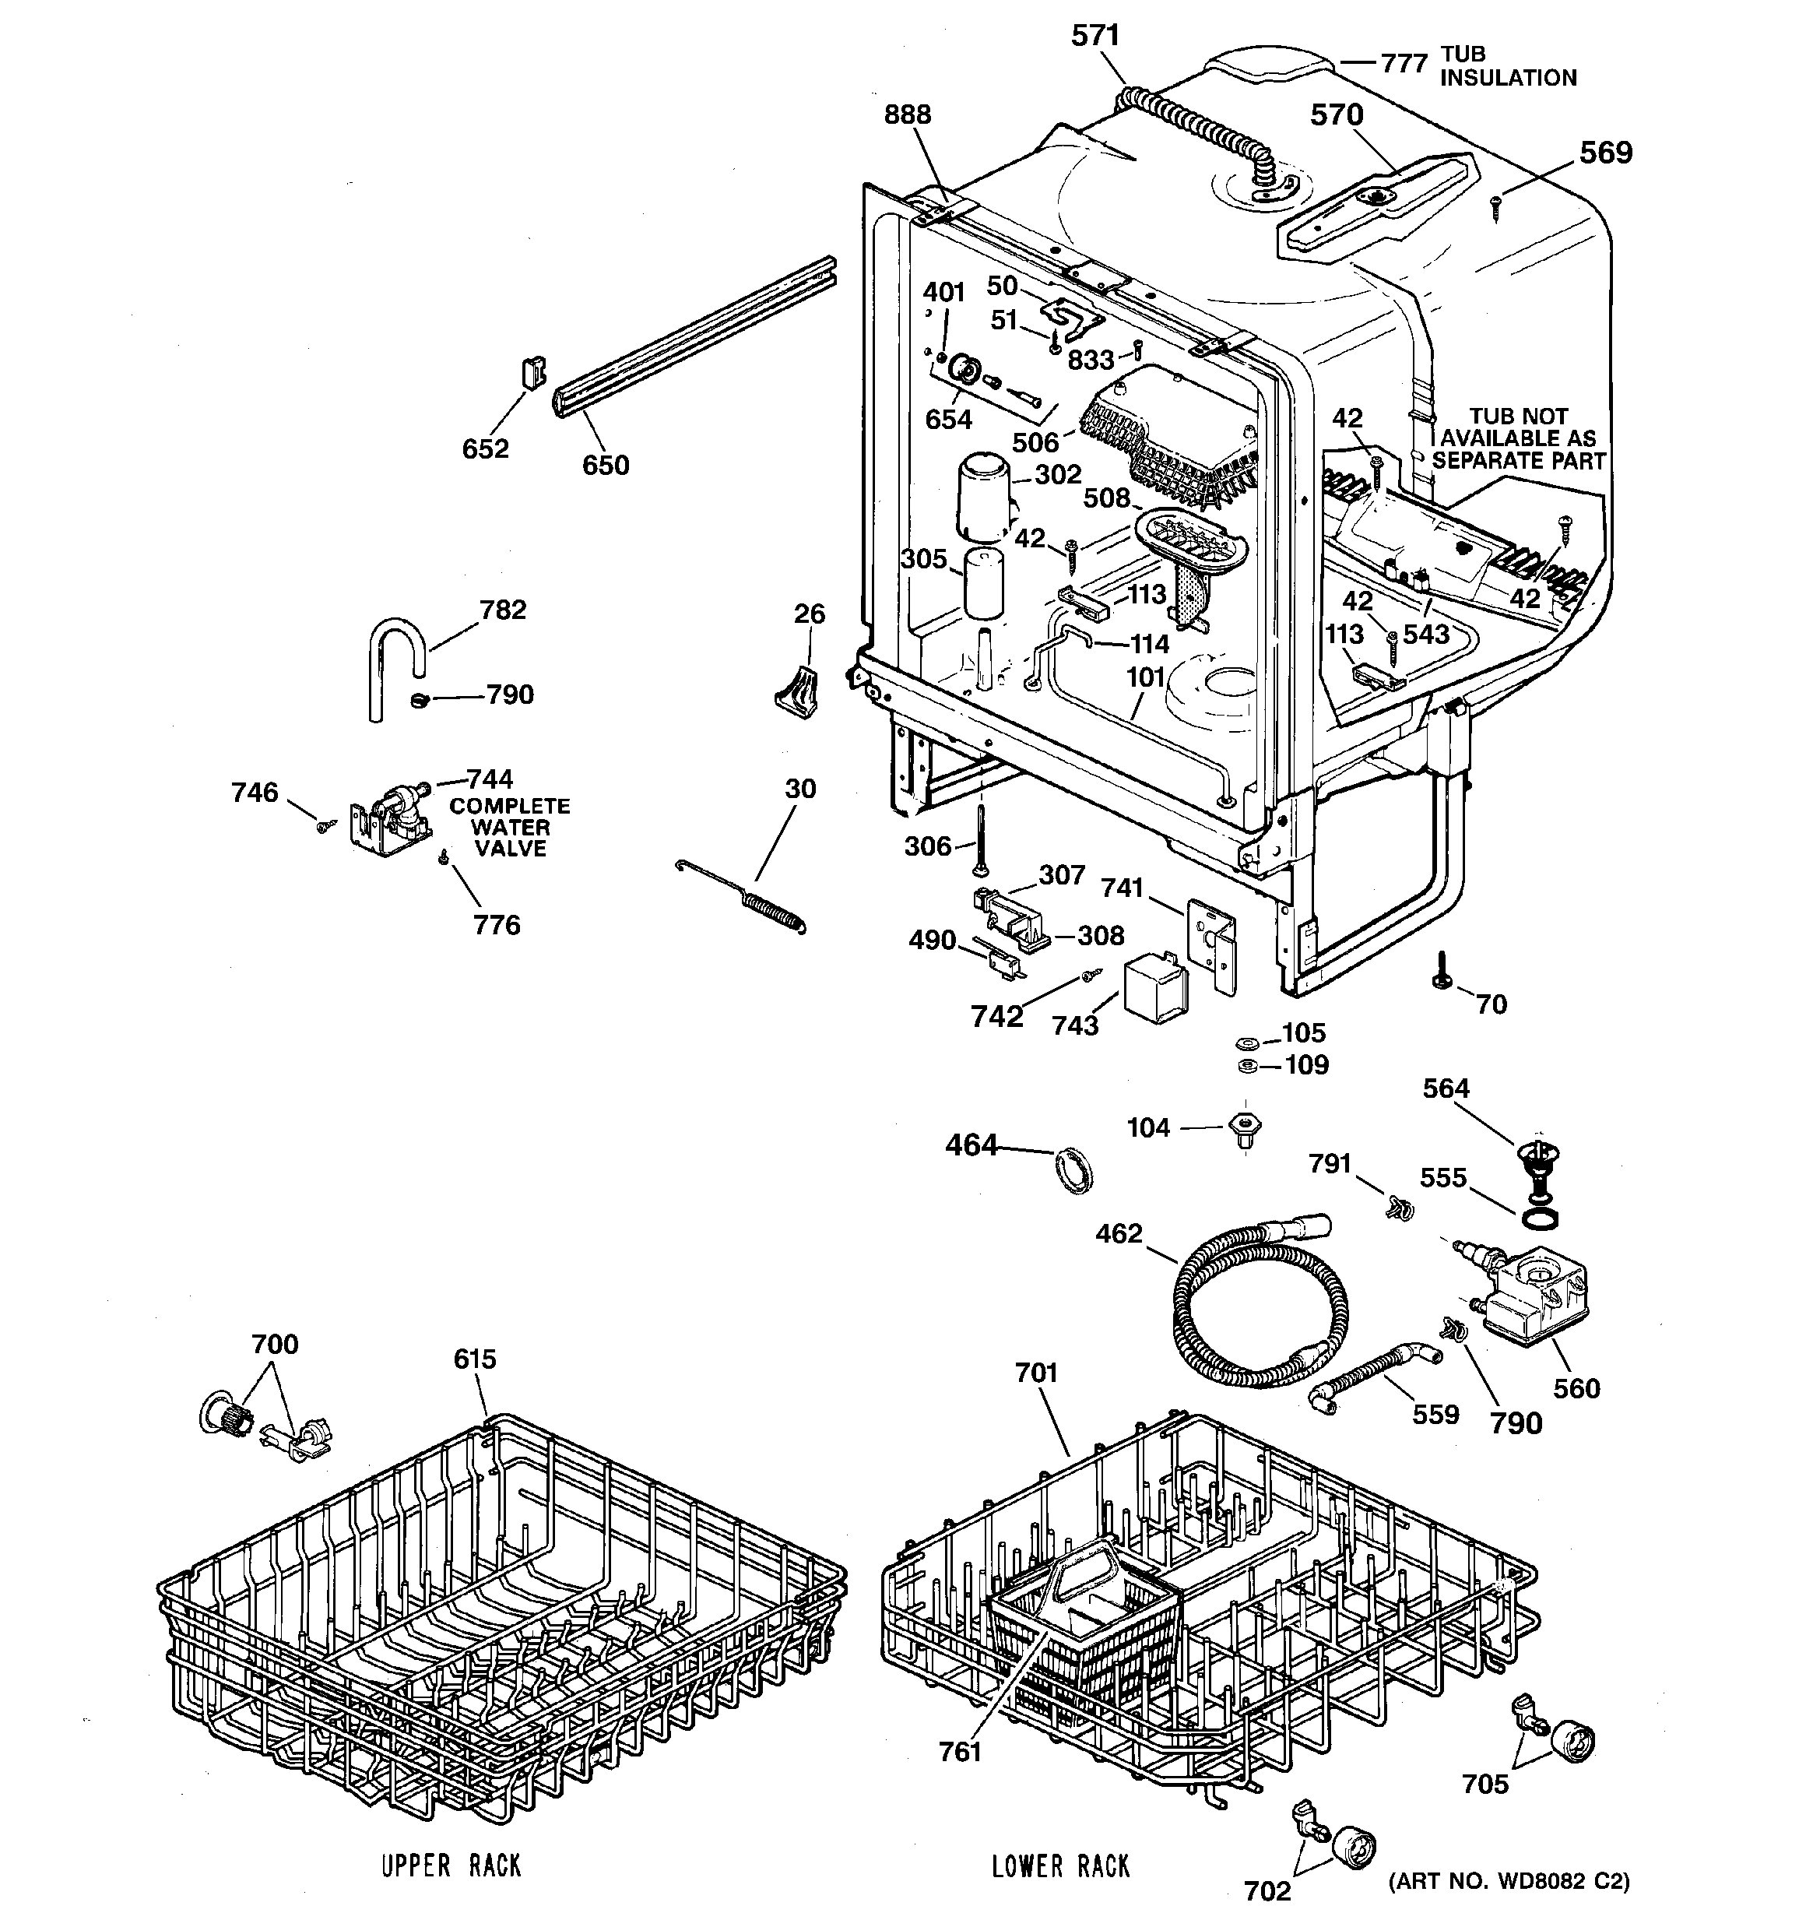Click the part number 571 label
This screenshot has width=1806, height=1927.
[x=1095, y=36]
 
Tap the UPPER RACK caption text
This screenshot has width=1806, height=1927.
[x=451, y=1865]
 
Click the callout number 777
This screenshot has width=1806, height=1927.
[x=1404, y=64]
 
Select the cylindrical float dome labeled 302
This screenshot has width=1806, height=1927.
[x=983, y=500]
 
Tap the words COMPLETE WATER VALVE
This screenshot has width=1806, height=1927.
[x=510, y=827]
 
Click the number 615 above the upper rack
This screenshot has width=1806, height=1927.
[x=475, y=1359]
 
